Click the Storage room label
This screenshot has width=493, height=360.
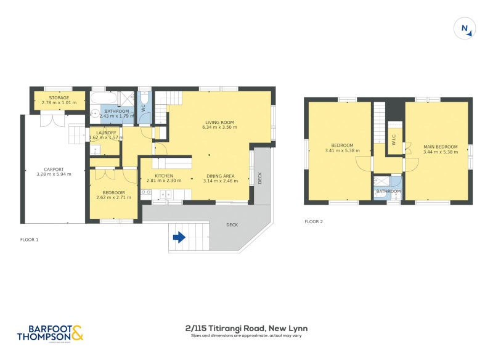pos(59,97)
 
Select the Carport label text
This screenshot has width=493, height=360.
pos(54,170)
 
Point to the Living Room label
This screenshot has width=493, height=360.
pos(220,123)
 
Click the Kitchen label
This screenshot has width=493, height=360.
pos(164,176)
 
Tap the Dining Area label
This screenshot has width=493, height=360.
pos(220,176)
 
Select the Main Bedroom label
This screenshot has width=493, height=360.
pos(436,147)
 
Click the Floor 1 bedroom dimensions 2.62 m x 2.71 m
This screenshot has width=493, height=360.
pos(113,197)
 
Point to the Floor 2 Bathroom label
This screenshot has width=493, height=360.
pos(388,191)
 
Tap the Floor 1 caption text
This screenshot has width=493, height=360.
pos(30,239)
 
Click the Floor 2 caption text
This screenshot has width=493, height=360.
pos(314,221)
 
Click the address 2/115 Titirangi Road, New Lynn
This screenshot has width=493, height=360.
pos(246,328)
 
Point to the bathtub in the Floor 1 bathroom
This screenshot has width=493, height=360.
pos(104,98)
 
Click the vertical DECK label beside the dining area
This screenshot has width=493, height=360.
pos(260,178)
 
